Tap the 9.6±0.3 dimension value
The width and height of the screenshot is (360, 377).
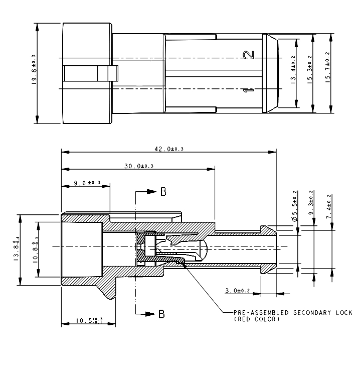(x=87, y=183)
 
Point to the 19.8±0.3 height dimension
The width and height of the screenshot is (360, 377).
(x=34, y=70)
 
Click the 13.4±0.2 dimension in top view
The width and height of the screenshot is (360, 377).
(x=293, y=71)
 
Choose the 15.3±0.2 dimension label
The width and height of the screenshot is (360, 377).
(x=309, y=70)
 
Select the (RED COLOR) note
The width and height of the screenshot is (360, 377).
(x=257, y=319)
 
